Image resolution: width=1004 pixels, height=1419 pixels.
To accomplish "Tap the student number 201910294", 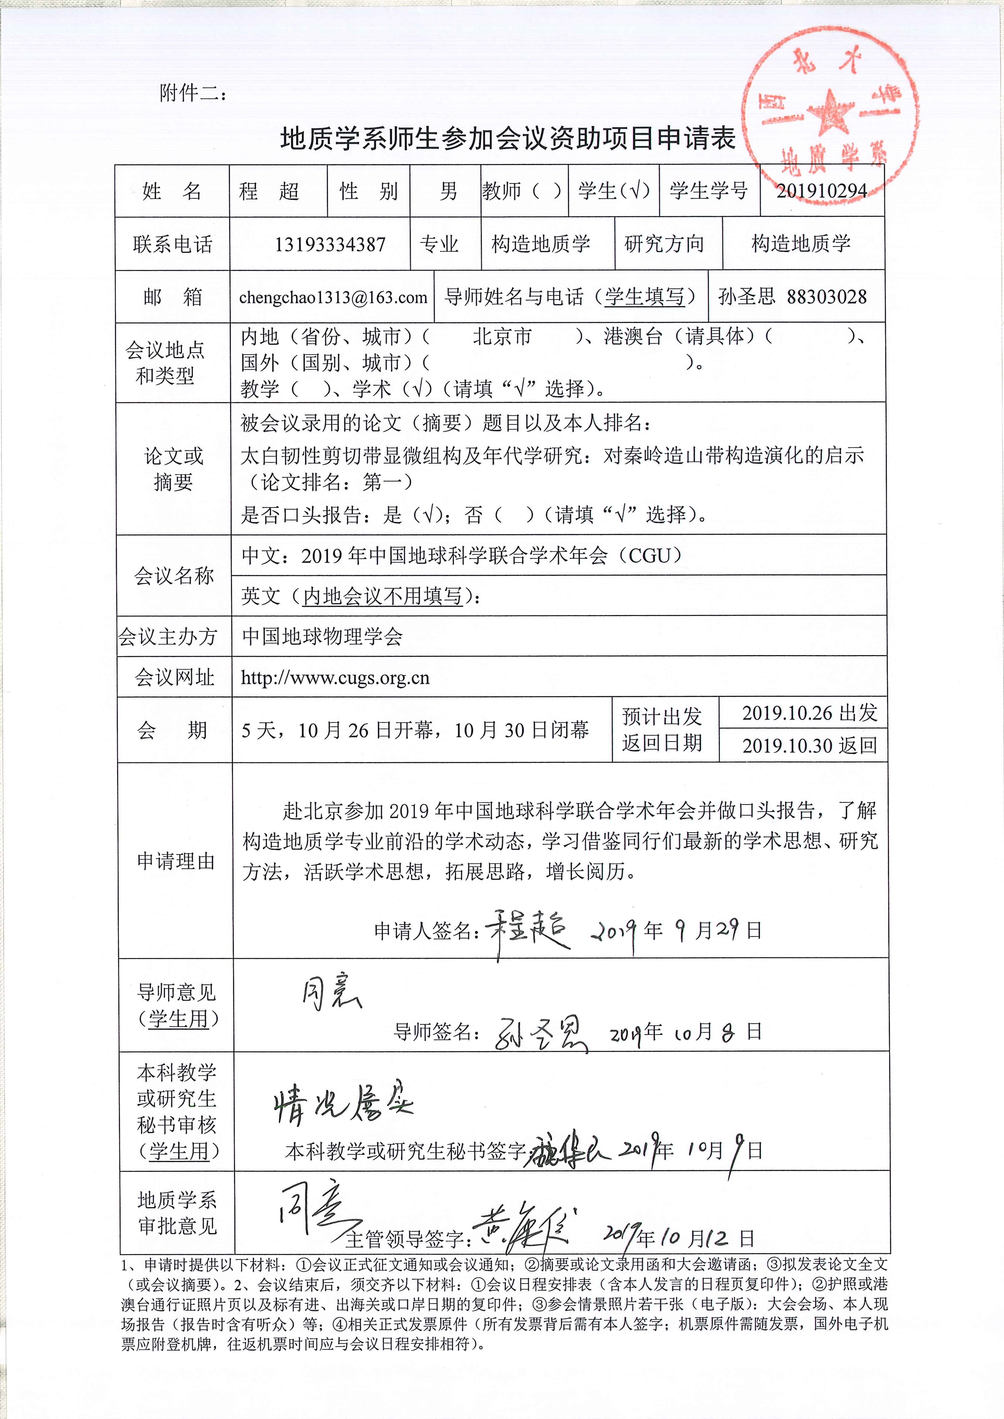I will (x=822, y=191).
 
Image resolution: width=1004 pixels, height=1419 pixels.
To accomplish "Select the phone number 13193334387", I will (x=330, y=244).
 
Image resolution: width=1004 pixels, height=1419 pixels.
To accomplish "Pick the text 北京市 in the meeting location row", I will (x=502, y=337).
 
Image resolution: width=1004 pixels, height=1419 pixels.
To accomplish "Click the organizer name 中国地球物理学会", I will (x=322, y=636).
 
